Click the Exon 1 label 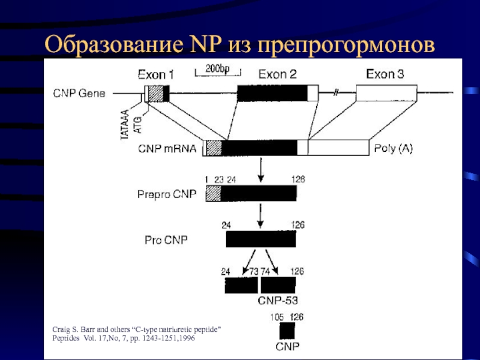point(156,74)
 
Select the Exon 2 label point(278,74)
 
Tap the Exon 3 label point(385,74)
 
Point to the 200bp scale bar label point(217,68)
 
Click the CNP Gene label point(79,93)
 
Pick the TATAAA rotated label point(125,125)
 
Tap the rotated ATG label point(138,125)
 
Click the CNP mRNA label point(167,148)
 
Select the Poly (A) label point(394,148)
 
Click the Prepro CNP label point(167,194)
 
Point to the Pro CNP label point(166,240)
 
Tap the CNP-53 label point(278,301)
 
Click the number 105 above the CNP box point(277,317)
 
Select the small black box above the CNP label point(287,331)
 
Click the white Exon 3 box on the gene point(386,93)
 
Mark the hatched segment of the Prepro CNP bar point(214,193)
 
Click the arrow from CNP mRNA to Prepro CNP point(260,170)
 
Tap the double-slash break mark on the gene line point(336,93)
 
